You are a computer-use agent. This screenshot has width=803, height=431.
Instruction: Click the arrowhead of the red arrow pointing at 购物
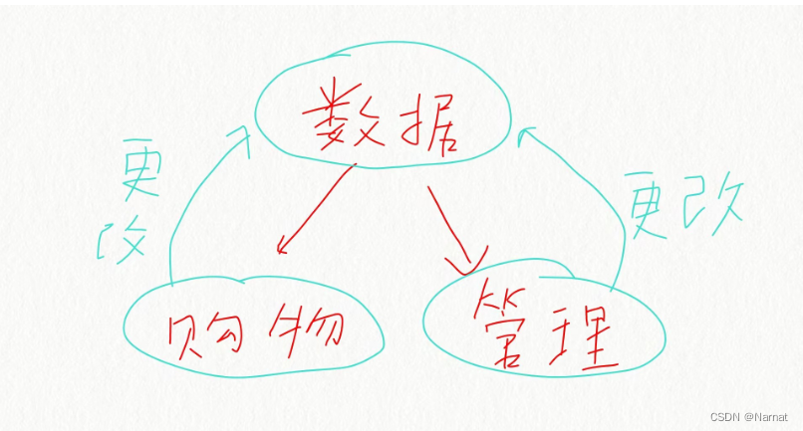click(x=283, y=245)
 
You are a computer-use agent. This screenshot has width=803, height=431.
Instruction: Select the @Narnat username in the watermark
click(x=764, y=416)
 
